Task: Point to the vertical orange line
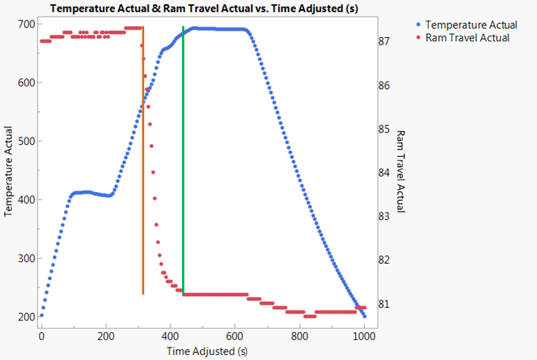point(143,165)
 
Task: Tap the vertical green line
point(183,165)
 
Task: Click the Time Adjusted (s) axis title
point(202,352)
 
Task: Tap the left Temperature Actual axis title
point(8,170)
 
